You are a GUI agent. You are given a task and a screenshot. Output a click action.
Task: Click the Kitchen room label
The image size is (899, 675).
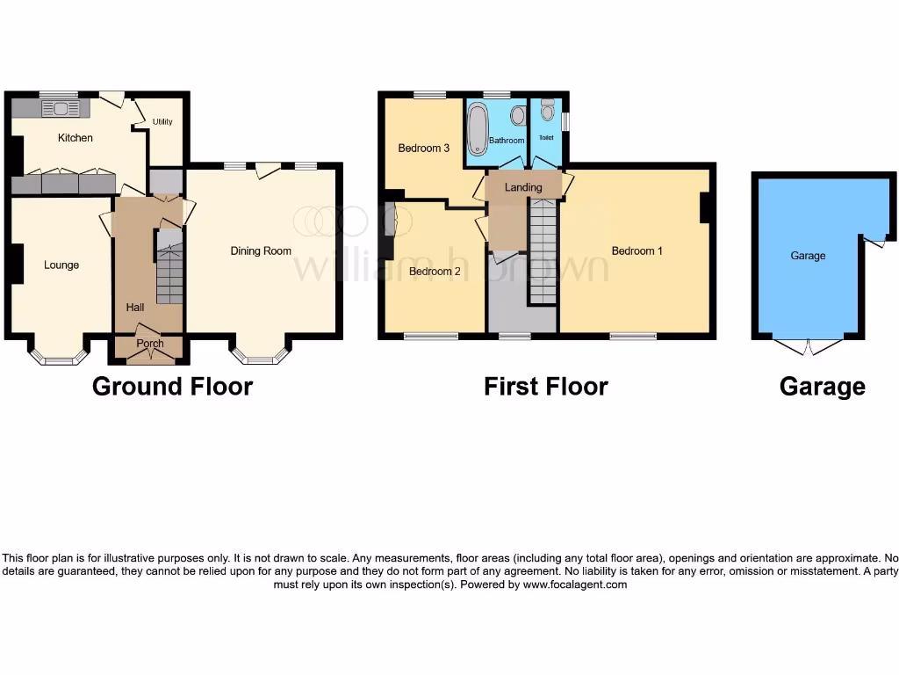click(x=75, y=138)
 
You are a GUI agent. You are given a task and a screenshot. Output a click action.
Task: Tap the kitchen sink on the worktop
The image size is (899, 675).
click(x=61, y=109)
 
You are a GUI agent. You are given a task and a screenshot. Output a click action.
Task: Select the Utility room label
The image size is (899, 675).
click(x=162, y=122)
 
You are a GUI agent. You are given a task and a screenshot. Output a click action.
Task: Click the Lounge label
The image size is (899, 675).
click(x=61, y=265)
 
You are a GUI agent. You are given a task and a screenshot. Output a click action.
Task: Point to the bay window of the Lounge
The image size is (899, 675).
click(x=59, y=354)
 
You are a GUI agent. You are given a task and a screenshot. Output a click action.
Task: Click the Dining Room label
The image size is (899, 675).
click(x=261, y=250)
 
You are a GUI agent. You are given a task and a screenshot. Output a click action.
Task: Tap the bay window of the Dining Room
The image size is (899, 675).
click(x=260, y=354)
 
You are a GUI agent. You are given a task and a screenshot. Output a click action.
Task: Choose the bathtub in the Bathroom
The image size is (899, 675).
click(x=478, y=128)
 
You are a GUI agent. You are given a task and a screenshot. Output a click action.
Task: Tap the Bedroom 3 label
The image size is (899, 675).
click(x=424, y=149)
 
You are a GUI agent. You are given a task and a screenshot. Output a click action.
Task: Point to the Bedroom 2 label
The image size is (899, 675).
click(x=435, y=272)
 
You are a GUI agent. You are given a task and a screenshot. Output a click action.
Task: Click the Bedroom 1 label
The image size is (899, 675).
click(x=637, y=250)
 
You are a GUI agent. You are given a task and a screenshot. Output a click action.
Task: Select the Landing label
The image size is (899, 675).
click(x=523, y=187)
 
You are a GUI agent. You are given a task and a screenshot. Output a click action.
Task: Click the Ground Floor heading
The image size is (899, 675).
click(x=172, y=386)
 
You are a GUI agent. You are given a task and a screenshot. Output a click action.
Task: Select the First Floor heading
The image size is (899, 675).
click(x=545, y=386)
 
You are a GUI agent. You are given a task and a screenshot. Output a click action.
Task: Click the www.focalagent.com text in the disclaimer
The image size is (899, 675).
click(x=574, y=584)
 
